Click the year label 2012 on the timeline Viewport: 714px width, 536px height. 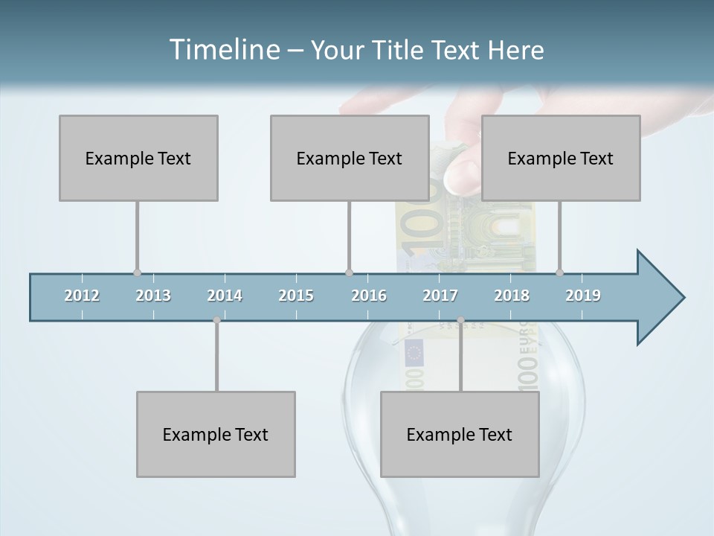point(82,296)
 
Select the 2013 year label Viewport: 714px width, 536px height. point(153,296)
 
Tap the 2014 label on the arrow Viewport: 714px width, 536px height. point(225,296)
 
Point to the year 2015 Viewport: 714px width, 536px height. point(296,296)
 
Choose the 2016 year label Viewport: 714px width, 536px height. point(369,296)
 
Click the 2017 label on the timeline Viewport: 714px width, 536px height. point(440,296)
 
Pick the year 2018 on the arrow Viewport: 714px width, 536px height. point(512,296)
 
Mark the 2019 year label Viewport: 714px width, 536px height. point(583,296)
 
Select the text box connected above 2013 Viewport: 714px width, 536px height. point(138,158)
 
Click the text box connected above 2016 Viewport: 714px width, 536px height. point(350,158)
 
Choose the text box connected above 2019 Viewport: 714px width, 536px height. point(561,158)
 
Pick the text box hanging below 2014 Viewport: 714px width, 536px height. point(216,434)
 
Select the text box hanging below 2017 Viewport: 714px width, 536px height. point(460,434)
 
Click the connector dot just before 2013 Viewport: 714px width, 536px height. point(137,273)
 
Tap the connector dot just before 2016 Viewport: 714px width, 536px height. point(349,273)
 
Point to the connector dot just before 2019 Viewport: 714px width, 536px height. point(559,273)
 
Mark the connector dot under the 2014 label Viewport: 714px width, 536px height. point(216,320)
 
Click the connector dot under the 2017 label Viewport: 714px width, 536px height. point(460,320)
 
